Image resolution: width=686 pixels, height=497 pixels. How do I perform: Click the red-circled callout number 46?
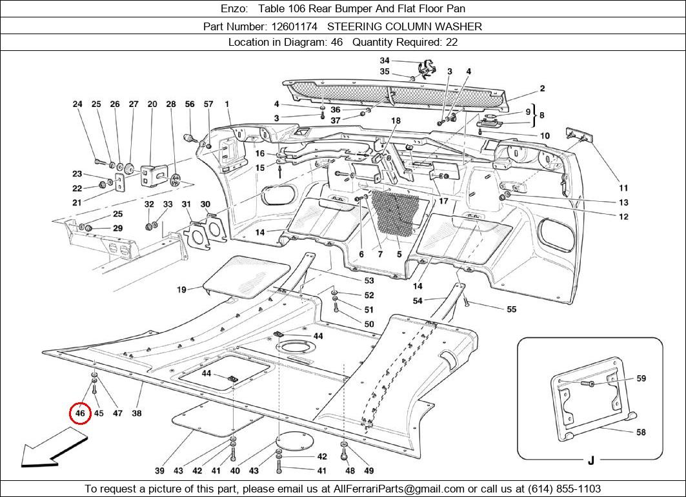click(x=80, y=413)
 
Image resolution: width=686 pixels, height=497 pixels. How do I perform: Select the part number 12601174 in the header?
click(x=294, y=26)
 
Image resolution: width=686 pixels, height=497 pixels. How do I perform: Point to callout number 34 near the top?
click(x=384, y=61)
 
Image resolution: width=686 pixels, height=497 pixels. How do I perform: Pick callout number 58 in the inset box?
click(x=641, y=432)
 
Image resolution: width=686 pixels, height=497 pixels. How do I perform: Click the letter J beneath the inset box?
click(x=590, y=460)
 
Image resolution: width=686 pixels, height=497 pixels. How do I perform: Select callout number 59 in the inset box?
click(x=641, y=378)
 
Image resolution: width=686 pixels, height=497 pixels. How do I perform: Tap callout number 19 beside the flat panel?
click(x=181, y=290)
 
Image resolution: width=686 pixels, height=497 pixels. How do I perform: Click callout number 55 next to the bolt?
click(x=511, y=309)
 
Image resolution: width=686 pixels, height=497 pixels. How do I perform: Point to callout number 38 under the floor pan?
click(x=137, y=413)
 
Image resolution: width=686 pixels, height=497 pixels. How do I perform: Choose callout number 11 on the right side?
click(x=623, y=188)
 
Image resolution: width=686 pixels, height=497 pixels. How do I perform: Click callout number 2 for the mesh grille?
click(x=543, y=89)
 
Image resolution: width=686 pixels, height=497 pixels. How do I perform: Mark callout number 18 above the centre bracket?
click(x=396, y=121)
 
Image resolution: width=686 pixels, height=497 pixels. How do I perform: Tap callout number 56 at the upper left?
click(x=190, y=104)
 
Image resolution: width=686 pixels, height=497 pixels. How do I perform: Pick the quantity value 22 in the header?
click(x=451, y=42)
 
